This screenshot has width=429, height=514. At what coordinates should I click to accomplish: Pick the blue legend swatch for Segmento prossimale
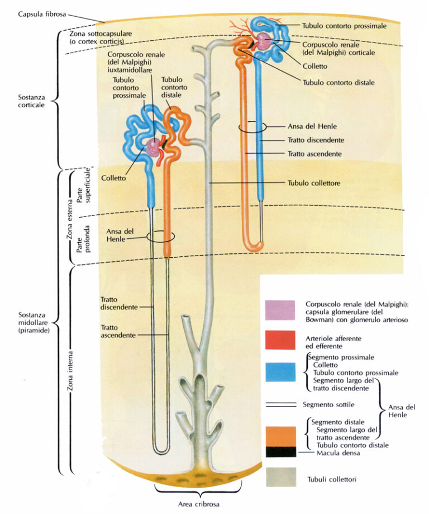click(280, 372)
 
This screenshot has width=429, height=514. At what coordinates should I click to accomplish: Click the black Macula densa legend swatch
click(280, 451)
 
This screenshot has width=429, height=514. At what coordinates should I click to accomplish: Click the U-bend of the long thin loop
click(161, 448)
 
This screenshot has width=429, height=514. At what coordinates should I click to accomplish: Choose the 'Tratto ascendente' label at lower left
click(118, 331)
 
